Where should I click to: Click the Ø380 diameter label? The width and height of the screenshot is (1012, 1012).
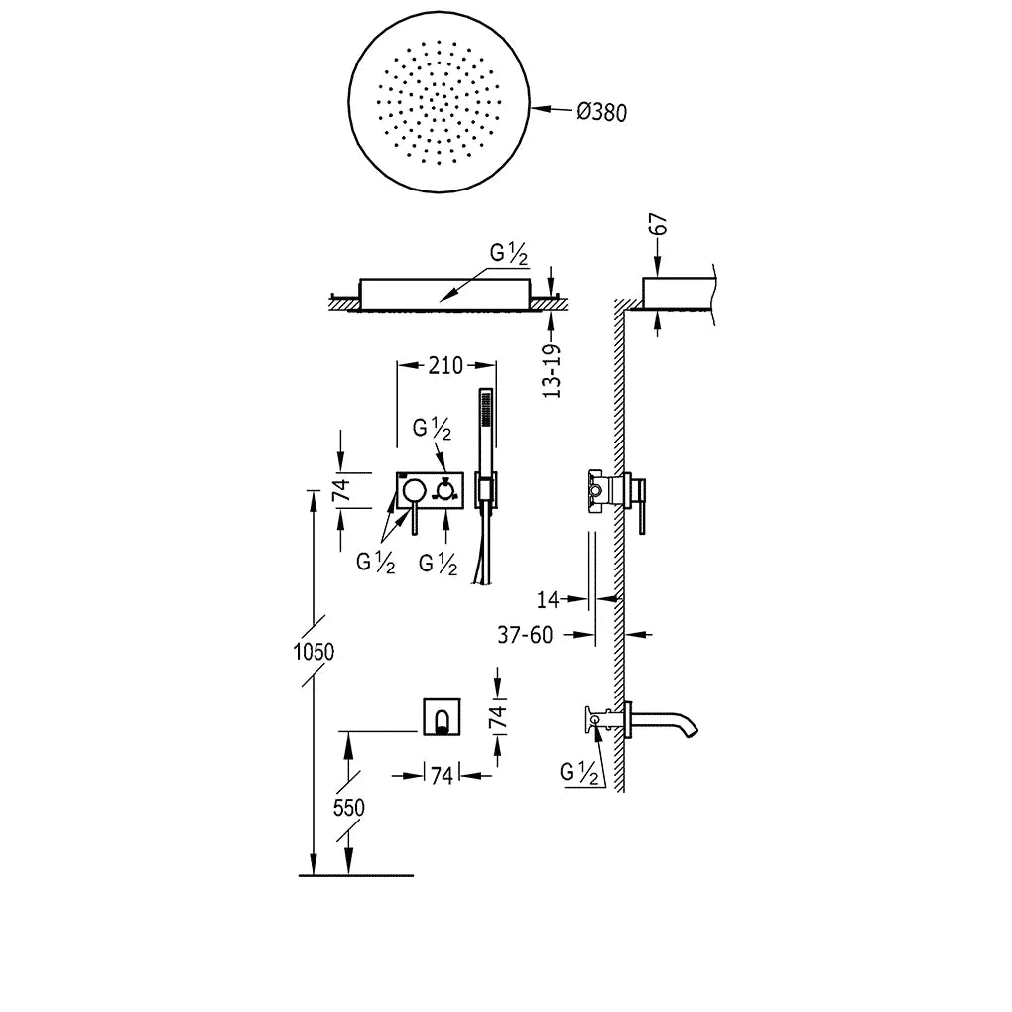click(601, 113)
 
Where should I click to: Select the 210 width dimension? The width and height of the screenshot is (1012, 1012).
click(446, 365)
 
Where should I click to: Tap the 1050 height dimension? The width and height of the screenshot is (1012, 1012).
click(314, 652)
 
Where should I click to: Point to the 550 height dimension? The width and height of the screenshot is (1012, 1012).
click(348, 807)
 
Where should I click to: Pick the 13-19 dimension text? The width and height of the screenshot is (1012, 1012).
click(552, 371)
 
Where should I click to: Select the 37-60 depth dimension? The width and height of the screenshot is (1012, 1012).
click(526, 635)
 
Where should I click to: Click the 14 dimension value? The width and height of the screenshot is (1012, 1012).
click(548, 599)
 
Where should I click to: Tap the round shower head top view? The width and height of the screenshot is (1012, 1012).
click(439, 101)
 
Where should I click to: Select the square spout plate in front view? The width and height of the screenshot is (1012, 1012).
click(443, 715)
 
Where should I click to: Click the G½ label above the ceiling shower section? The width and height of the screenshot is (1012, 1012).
click(509, 254)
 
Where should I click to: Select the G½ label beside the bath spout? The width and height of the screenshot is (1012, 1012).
click(578, 772)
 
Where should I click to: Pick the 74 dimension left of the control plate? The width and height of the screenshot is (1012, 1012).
click(342, 490)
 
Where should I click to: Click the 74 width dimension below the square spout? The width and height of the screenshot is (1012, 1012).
click(443, 775)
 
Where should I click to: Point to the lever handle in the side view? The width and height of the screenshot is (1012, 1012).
click(642, 506)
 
